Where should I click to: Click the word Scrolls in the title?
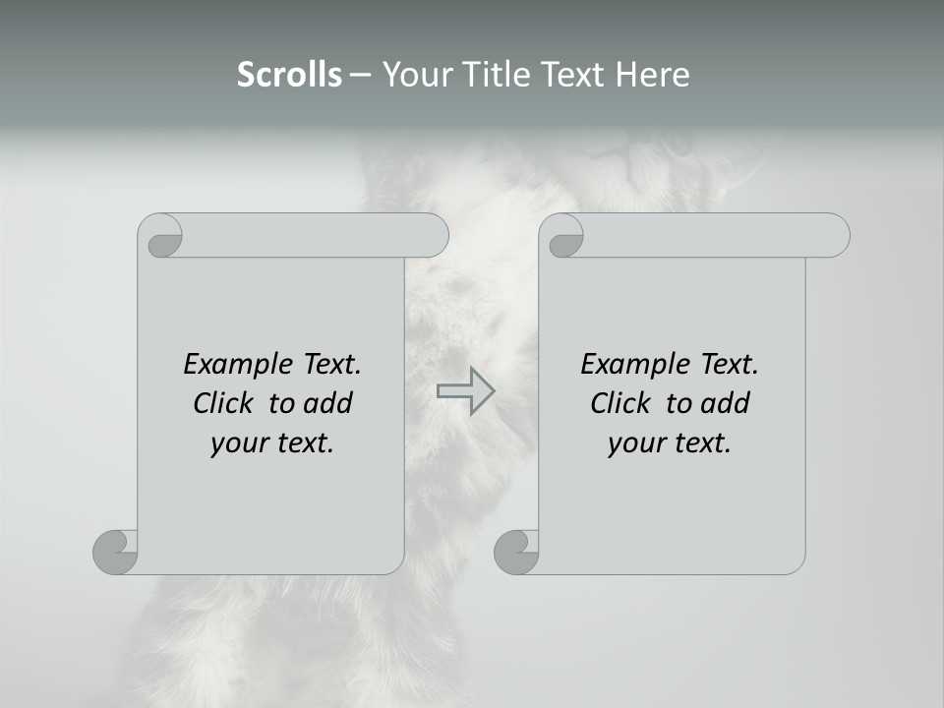point(289,75)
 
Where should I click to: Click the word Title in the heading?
point(493,75)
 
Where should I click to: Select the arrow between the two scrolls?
point(465,390)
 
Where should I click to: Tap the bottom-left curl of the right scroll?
point(517,552)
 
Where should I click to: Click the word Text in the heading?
point(572,75)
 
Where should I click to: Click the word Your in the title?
point(416,75)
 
